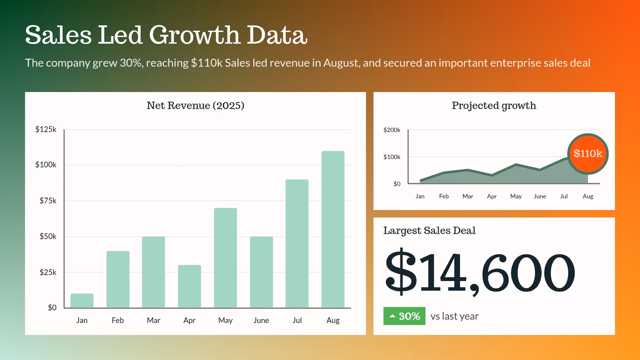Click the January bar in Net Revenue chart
pos(82,300)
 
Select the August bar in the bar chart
pos(333,229)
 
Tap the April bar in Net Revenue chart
pos(189,286)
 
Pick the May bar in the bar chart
pos(225,258)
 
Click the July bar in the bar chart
pos(297,244)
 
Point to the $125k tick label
pos(46,129)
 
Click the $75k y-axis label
pos(48,201)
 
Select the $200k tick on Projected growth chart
pos(392,130)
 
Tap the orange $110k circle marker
pos(588,154)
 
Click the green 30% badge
pos(404,316)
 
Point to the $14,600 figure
pos(480,272)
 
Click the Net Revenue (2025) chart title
pos(195,105)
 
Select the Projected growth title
pos(494,106)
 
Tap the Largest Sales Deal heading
pos(429,231)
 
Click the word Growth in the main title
pos(195,35)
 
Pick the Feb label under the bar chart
pos(118,320)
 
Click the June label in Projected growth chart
pos(540,196)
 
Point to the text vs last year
pos(454,316)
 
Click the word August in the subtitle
pos(340,63)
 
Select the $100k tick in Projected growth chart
pos(392,157)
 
